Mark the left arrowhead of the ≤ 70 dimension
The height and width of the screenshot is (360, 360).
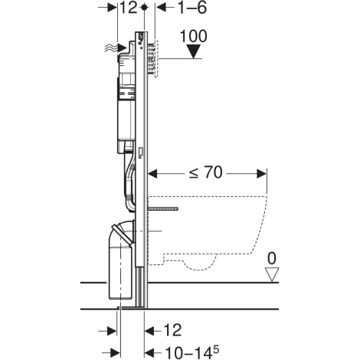[150, 173]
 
